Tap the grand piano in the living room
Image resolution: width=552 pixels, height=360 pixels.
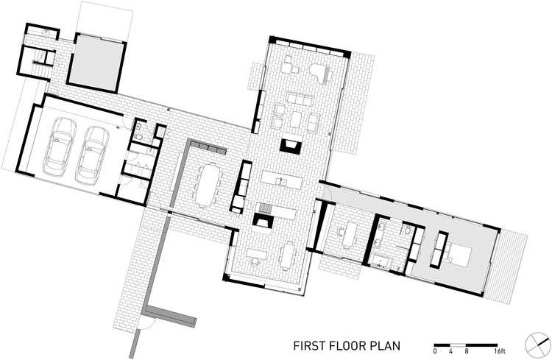coord(320,74)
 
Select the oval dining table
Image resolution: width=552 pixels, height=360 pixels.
coord(208,184)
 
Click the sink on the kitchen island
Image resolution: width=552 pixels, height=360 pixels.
coord(281,182)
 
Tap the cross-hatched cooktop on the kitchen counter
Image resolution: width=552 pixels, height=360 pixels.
coord(265,208)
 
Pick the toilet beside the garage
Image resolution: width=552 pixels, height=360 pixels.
coord(139,136)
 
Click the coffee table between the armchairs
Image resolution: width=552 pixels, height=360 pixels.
coord(296,119)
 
